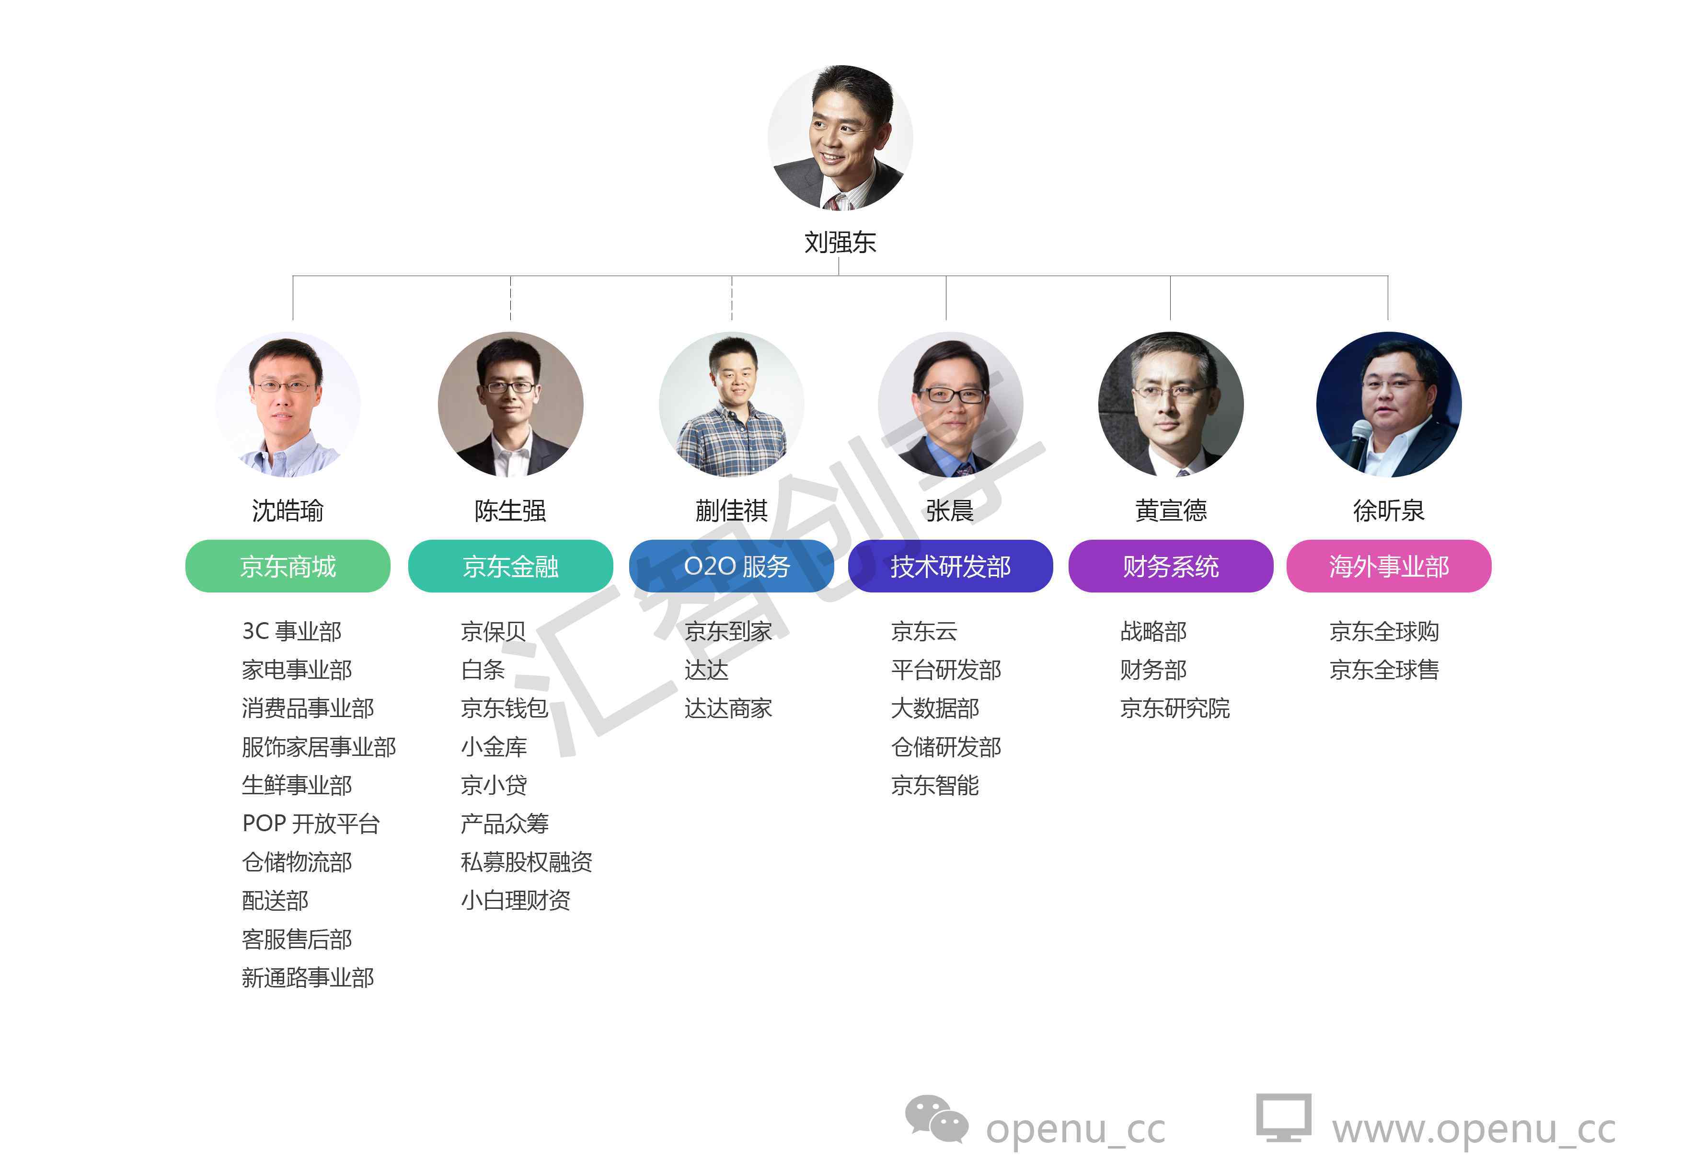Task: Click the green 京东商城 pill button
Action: point(287,566)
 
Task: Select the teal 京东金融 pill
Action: point(510,566)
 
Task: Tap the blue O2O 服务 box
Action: point(731,566)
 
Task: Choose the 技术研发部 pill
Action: point(950,566)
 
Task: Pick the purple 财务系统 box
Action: point(1170,566)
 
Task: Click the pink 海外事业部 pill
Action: point(1388,566)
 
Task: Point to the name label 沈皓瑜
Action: point(287,511)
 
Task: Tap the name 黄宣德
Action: point(1170,511)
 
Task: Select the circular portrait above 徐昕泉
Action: point(1388,405)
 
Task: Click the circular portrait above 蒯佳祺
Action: point(731,405)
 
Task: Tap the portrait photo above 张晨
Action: point(950,405)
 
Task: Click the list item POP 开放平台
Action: point(311,824)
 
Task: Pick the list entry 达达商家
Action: point(728,708)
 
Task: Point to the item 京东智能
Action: point(934,785)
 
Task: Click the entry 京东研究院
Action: point(1174,708)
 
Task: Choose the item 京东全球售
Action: point(1384,670)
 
